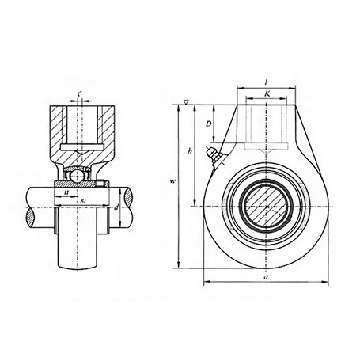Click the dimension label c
pyautogui.click(x=79, y=93)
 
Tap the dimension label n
pyautogui.click(x=66, y=192)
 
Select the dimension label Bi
pyautogui.click(x=82, y=202)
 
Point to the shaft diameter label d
pyautogui.click(x=116, y=207)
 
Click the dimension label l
pyautogui.click(x=267, y=82)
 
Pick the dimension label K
pyautogui.click(x=267, y=93)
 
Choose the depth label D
pyautogui.click(x=209, y=123)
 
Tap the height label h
pyautogui.click(x=189, y=151)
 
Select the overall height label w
pyautogui.click(x=172, y=181)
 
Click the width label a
pyautogui.click(x=266, y=276)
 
